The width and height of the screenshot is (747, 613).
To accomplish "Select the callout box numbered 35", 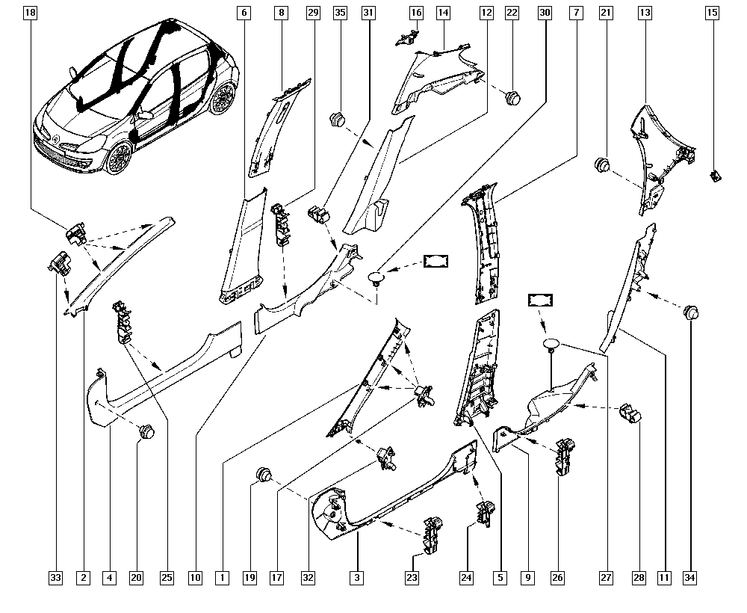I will (x=340, y=13).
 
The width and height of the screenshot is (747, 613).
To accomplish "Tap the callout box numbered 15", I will (x=713, y=13).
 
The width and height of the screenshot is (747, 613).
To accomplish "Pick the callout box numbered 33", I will (x=55, y=577).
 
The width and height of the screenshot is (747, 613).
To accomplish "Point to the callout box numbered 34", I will (x=689, y=577).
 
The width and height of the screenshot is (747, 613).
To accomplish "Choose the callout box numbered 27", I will (x=607, y=577).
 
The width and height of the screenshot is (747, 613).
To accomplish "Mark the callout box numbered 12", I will (x=486, y=13).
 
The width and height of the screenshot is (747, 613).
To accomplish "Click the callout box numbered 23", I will (x=412, y=577).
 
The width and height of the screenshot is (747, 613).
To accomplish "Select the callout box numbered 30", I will (x=545, y=13).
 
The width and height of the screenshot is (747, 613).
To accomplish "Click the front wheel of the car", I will (x=117, y=158).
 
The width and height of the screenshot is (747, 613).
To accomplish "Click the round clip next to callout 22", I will (x=512, y=96).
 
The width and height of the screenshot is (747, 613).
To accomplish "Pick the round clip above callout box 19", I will (x=264, y=472).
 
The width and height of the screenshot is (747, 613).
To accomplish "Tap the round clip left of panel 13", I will (x=603, y=164).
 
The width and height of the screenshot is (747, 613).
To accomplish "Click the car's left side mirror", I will (x=144, y=115).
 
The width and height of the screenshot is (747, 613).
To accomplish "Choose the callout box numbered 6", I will (x=243, y=13).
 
